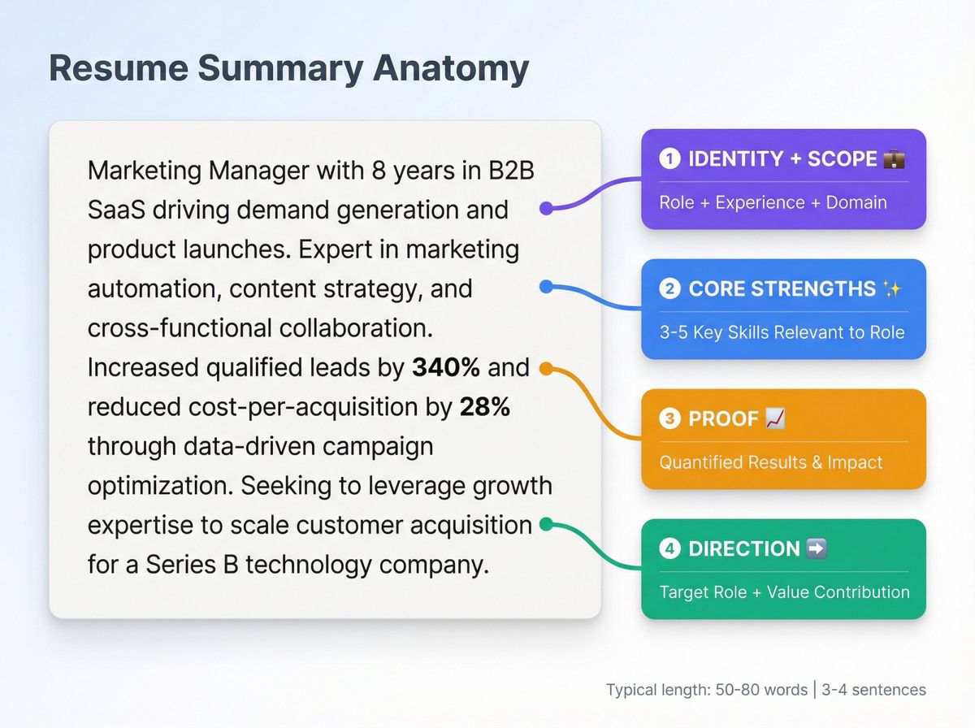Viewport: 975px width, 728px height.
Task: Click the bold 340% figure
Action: [446, 368]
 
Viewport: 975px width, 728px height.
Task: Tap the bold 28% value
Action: [485, 407]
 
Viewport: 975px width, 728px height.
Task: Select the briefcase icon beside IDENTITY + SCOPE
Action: [894, 158]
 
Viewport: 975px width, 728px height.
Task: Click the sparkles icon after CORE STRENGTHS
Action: [892, 288]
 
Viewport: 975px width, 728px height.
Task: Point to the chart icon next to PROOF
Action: [775, 418]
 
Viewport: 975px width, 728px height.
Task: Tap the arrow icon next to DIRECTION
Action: [816, 548]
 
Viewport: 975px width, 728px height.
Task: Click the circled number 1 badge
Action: [669, 158]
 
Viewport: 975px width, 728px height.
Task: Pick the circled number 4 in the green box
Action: [669, 548]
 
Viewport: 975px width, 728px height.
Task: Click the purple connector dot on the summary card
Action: [546, 208]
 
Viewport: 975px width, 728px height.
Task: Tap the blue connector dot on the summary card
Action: [546, 286]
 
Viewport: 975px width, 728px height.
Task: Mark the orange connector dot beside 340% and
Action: [546, 369]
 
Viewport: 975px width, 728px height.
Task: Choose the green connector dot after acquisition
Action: [546, 524]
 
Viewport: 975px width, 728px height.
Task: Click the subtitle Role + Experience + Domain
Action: [773, 201]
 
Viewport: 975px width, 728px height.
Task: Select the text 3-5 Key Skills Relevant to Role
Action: [781, 331]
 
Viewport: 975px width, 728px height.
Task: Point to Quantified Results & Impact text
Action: [770, 462]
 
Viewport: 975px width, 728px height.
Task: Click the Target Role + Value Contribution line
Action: [784, 591]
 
